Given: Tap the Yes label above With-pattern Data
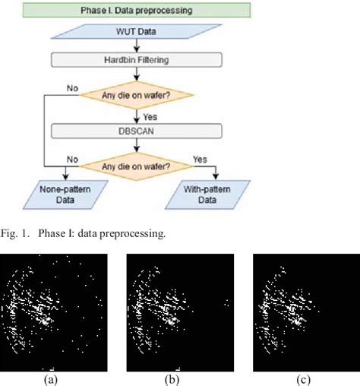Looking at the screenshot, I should (x=200, y=160).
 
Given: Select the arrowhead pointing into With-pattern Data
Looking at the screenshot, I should (x=216, y=178).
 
